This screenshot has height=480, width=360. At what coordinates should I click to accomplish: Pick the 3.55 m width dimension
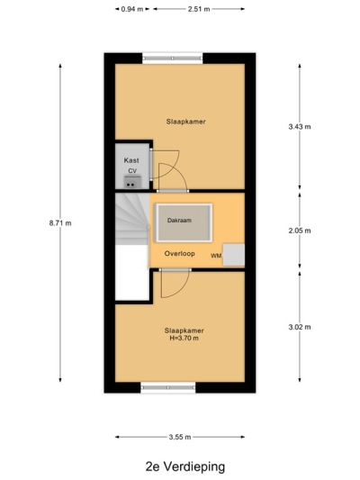tap(180, 437)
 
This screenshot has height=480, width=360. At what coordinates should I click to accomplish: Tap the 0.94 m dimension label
tap(130, 10)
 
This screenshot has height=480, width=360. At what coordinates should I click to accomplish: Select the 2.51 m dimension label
tap(200, 10)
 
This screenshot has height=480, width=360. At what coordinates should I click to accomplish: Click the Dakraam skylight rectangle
tap(183, 222)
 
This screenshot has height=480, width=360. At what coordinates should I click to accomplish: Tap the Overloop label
tap(180, 254)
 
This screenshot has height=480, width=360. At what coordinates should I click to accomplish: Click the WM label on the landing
tap(215, 257)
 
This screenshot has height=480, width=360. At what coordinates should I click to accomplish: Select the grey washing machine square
tap(234, 255)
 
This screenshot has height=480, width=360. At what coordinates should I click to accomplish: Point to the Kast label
tap(131, 159)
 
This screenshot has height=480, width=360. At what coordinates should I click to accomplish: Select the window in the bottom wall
tap(167, 388)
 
